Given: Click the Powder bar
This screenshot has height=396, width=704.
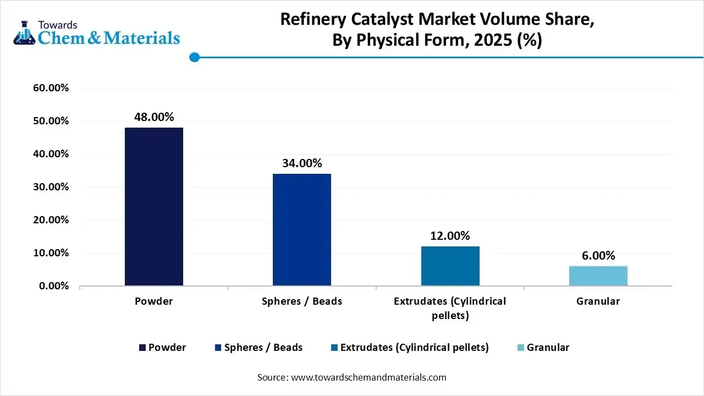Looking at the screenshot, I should [x=154, y=206].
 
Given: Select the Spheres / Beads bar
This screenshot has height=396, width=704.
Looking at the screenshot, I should [x=302, y=229].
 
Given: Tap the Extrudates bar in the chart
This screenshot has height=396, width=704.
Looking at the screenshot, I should [x=450, y=266].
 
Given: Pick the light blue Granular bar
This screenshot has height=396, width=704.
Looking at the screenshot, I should [x=598, y=276].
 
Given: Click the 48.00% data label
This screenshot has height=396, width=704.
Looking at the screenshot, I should [x=154, y=117].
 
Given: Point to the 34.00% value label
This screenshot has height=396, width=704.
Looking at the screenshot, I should [x=302, y=163].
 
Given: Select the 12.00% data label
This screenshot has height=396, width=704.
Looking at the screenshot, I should [x=450, y=236].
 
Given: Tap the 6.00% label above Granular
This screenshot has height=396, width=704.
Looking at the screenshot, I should [x=598, y=256].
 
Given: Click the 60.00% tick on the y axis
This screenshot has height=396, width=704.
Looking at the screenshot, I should [x=48, y=88].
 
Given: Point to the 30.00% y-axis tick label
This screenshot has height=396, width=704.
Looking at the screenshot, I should [x=48, y=187].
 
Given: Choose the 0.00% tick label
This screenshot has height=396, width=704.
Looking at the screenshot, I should [x=50, y=286].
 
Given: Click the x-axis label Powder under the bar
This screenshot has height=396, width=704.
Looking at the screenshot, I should [x=154, y=301].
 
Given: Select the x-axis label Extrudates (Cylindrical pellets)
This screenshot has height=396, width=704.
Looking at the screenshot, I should [x=450, y=308].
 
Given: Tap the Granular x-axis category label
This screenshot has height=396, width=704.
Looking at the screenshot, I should [x=598, y=301].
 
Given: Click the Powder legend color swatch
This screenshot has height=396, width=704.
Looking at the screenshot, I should [x=143, y=348].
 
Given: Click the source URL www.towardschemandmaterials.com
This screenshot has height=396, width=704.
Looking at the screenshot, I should [x=368, y=377].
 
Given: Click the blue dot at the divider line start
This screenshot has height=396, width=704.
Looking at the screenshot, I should [x=194, y=57].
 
